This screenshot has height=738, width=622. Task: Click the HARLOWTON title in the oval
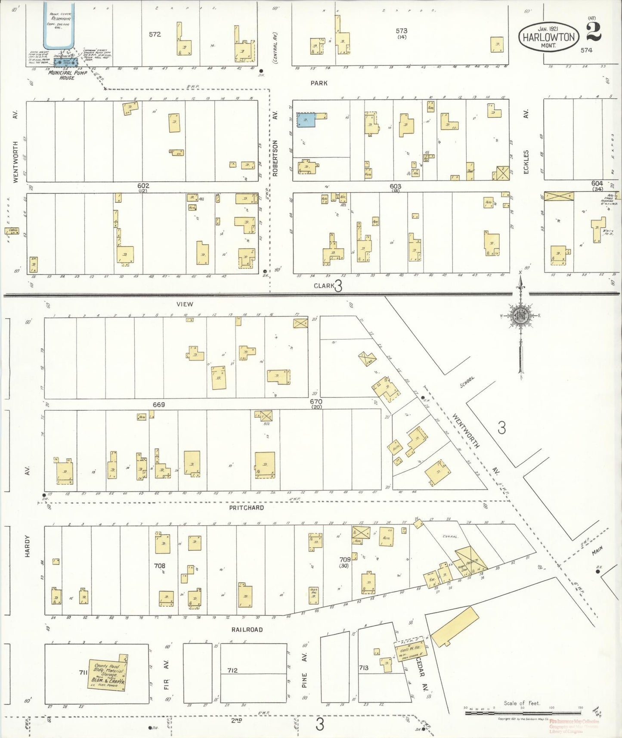(x=548, y=37)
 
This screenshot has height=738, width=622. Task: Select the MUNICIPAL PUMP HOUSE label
(x=67, y=75)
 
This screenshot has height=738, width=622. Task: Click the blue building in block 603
(x=306, y=120)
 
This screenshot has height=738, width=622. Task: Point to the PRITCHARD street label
(x=246, y=508)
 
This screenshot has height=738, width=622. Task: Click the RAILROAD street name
(x=247, y=629)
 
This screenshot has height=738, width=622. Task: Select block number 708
(x=160, y=565)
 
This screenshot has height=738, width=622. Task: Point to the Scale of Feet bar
(x=523, y=713)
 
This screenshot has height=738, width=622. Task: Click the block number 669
(x=158, y=405)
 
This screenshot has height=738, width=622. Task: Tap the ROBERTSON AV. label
(x=275, y=146)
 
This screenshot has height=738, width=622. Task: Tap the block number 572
(x=155, y=34)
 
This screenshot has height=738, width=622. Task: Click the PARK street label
(x=319, y=83)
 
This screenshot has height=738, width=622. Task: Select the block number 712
(x=232, y=670)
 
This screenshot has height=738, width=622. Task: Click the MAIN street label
(x=597, y=550)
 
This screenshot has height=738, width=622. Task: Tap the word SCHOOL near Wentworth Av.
(x=467, y=381)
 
